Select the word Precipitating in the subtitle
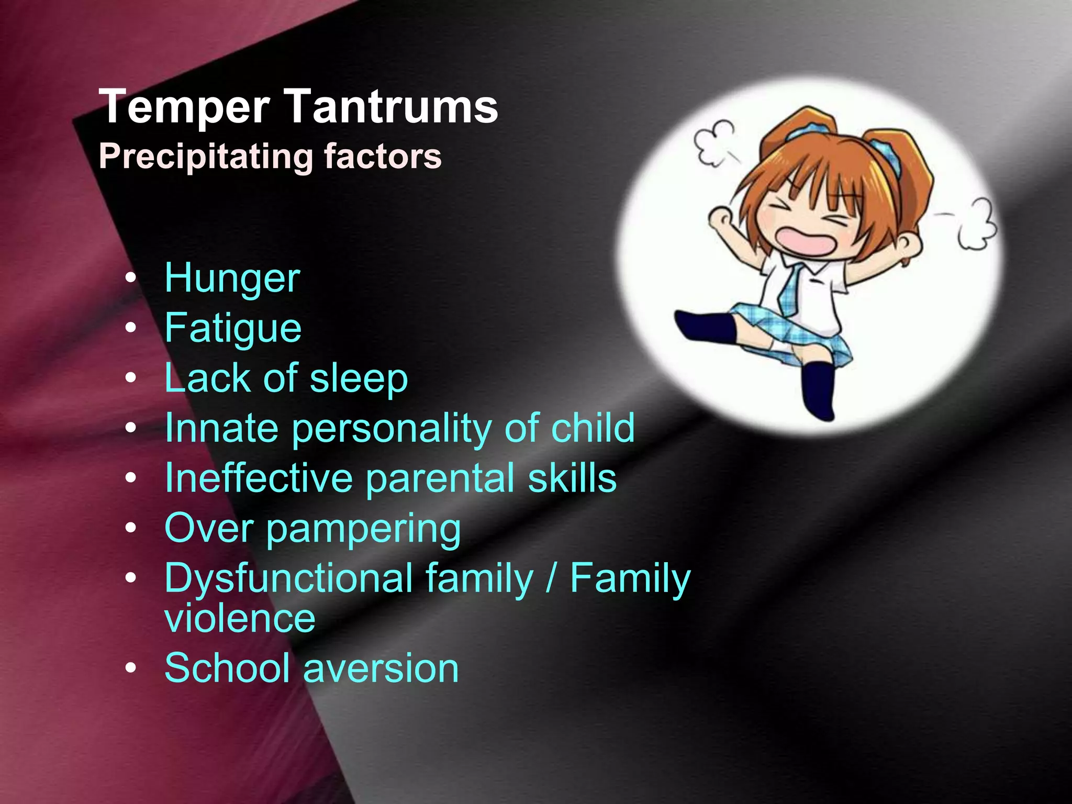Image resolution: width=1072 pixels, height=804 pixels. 206,157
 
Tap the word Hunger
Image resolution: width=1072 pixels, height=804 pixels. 232,278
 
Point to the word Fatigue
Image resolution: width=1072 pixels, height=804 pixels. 233,329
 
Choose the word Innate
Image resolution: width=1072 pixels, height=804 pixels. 221,428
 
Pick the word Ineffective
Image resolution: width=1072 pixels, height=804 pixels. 259,478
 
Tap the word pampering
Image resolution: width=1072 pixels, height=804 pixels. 364,530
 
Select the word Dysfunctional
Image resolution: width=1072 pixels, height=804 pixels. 288,579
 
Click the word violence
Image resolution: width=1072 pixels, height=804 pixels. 240,619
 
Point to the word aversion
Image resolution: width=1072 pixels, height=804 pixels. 381,668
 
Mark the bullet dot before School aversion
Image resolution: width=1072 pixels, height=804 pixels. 131,668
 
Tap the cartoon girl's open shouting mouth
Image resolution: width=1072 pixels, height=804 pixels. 805,239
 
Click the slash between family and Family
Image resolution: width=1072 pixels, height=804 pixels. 550,579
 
